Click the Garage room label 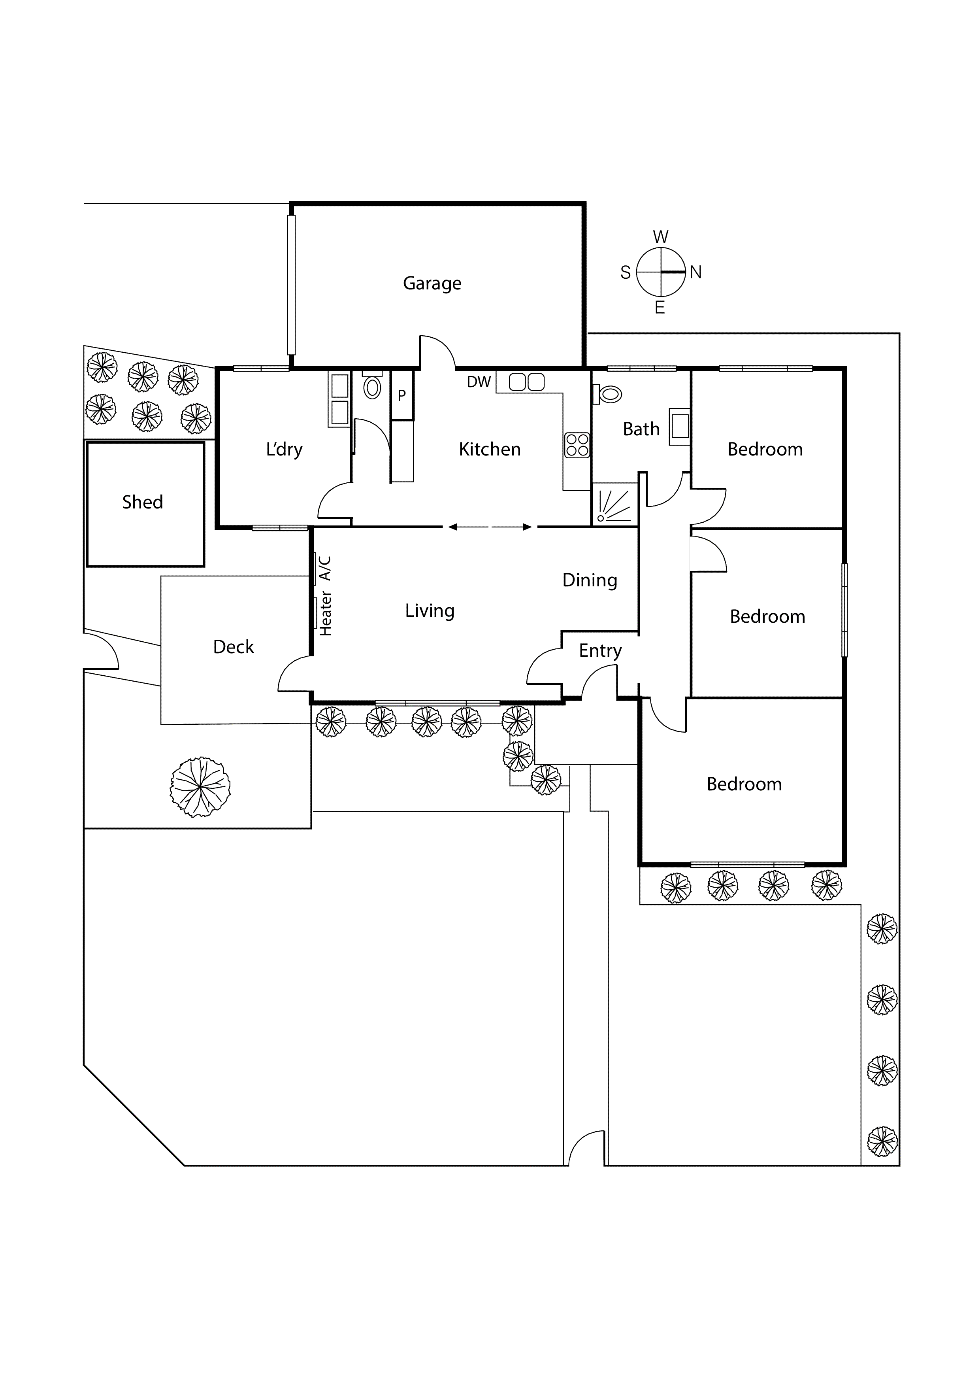point(432,283)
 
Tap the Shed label point(143,502)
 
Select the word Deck point(234,647)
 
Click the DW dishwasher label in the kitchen point(479,382)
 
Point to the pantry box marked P point(401,396)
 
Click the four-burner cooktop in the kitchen point(577,445)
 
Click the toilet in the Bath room point(609,395)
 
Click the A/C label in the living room point(325,568)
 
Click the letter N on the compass point(695,272)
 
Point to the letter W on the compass point(661,237)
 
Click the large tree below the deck point(200,787)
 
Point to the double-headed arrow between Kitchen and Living point(490,527)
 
